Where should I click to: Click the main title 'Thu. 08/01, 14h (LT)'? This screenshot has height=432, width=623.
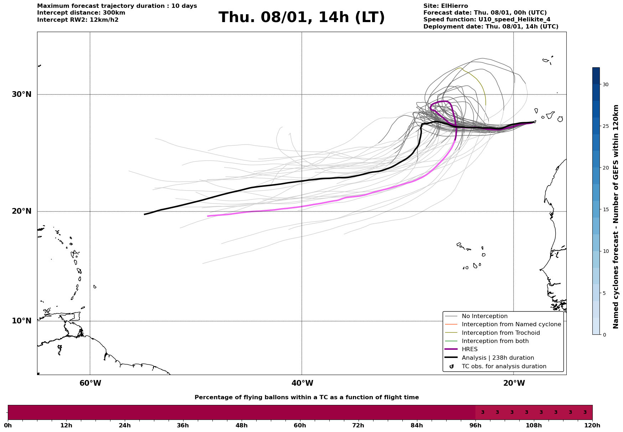302,17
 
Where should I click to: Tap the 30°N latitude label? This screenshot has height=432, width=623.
21,94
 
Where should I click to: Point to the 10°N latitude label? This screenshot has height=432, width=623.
21,321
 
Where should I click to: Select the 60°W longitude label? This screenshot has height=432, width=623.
90,383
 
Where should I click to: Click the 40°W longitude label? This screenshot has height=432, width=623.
302,383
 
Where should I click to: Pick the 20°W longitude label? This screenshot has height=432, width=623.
514,383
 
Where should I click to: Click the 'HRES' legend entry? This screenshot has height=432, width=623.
469,349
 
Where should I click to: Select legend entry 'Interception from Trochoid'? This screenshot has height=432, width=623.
500,333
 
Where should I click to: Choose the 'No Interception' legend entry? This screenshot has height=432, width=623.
484,316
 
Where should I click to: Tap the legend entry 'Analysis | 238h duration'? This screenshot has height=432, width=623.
498,358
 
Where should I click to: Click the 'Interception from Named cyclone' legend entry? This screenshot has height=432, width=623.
511,324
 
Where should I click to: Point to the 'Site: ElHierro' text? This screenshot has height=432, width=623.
446,6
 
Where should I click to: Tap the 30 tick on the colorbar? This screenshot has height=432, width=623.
606,84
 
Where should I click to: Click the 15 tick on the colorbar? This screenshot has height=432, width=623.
606,209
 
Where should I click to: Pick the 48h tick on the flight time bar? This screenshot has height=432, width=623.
241,425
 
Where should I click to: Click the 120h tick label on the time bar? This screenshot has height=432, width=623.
592,425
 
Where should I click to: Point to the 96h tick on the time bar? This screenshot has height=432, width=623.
475,425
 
